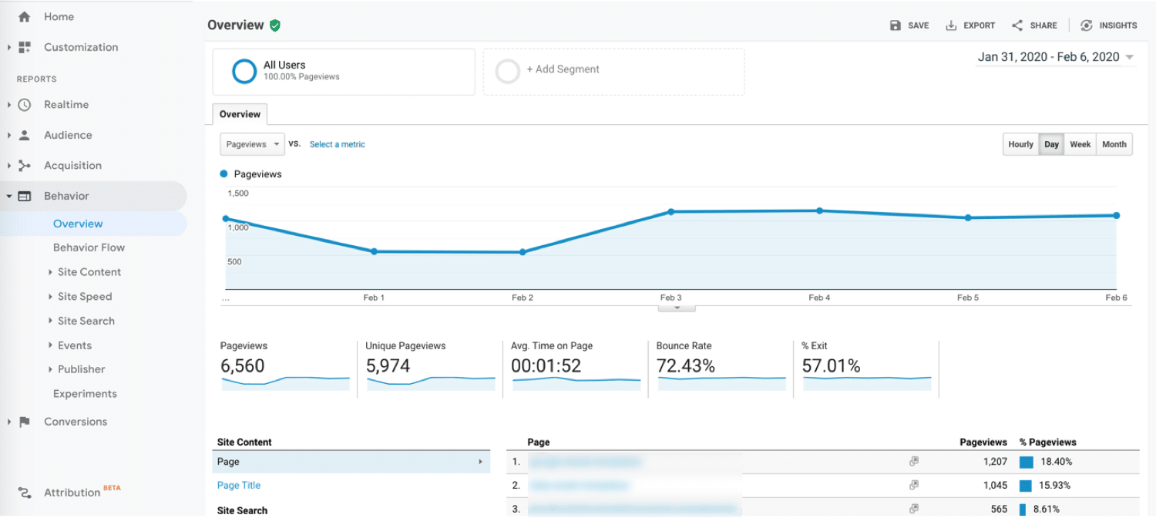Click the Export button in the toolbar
[970, 25]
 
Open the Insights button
[1109, 25]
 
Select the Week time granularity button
[1080, 144]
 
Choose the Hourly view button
[1020, 144]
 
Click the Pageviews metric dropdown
[251, 144]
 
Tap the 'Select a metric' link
[337, 144]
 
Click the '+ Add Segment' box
[613, 72]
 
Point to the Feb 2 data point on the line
[523, 252]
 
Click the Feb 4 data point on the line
[819, 210]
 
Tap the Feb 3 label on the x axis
[670, 298]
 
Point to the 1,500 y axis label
[238, 194]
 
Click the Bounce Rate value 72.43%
[685, 366]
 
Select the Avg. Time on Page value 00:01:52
[546, 366]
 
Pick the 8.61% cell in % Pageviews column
[1047, 509]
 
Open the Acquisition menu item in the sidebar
[72, 166]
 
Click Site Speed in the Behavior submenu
[85, 297]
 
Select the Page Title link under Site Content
[239, 486]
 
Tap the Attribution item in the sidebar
[72, 493]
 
